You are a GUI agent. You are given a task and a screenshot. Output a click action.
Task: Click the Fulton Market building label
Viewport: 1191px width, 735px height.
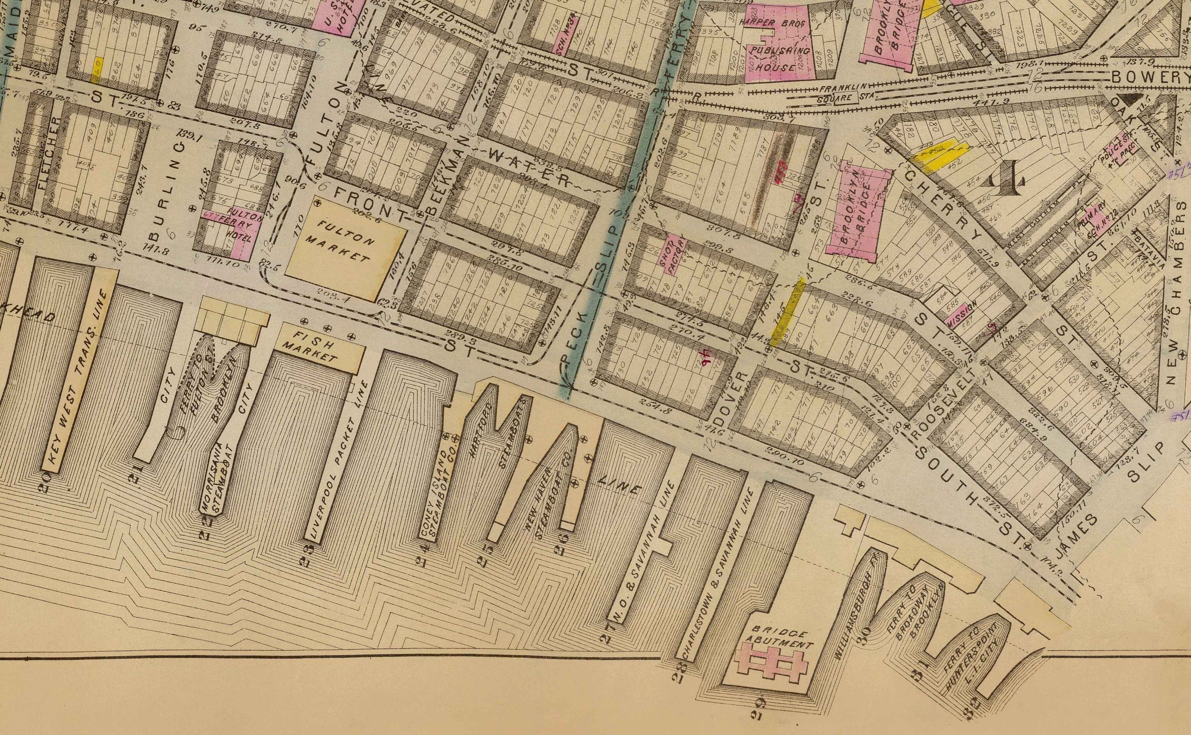[344, 242]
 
